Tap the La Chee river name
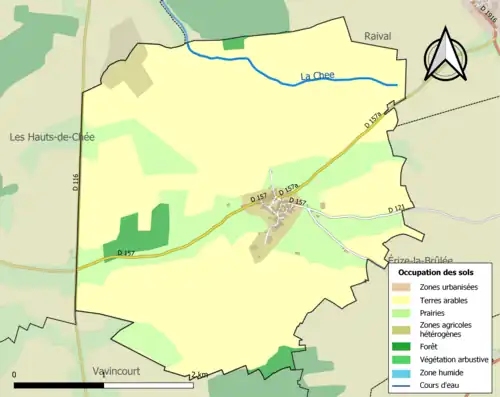[x=317, y=76]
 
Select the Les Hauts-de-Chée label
[x=51, y=137]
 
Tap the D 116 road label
[x=75, y=182]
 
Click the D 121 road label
[x=397, y=209]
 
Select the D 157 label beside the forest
[x=126, y=253]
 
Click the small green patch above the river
[x=233, y=43]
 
